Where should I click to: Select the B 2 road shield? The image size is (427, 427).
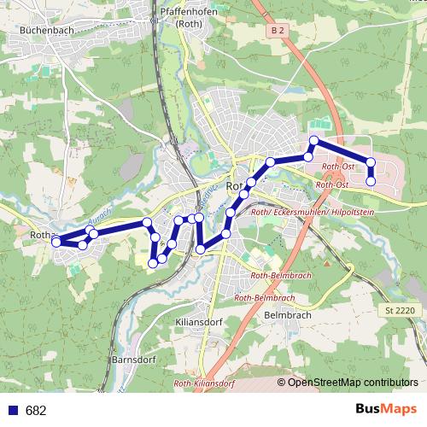coord(275,31)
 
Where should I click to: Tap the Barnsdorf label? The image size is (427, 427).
coord(132,360)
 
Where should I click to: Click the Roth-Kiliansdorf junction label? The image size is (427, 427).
coord(204,384)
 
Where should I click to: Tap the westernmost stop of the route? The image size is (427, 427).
coord(56,242)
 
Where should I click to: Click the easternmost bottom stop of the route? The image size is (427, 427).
coord(371,181)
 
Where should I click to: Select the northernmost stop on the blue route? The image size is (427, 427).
coord(314,140)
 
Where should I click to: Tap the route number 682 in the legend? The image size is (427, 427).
coord(36,411)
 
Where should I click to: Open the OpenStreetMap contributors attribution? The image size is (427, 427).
coord(351,382)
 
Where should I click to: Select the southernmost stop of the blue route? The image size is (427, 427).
coord(153,263)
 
